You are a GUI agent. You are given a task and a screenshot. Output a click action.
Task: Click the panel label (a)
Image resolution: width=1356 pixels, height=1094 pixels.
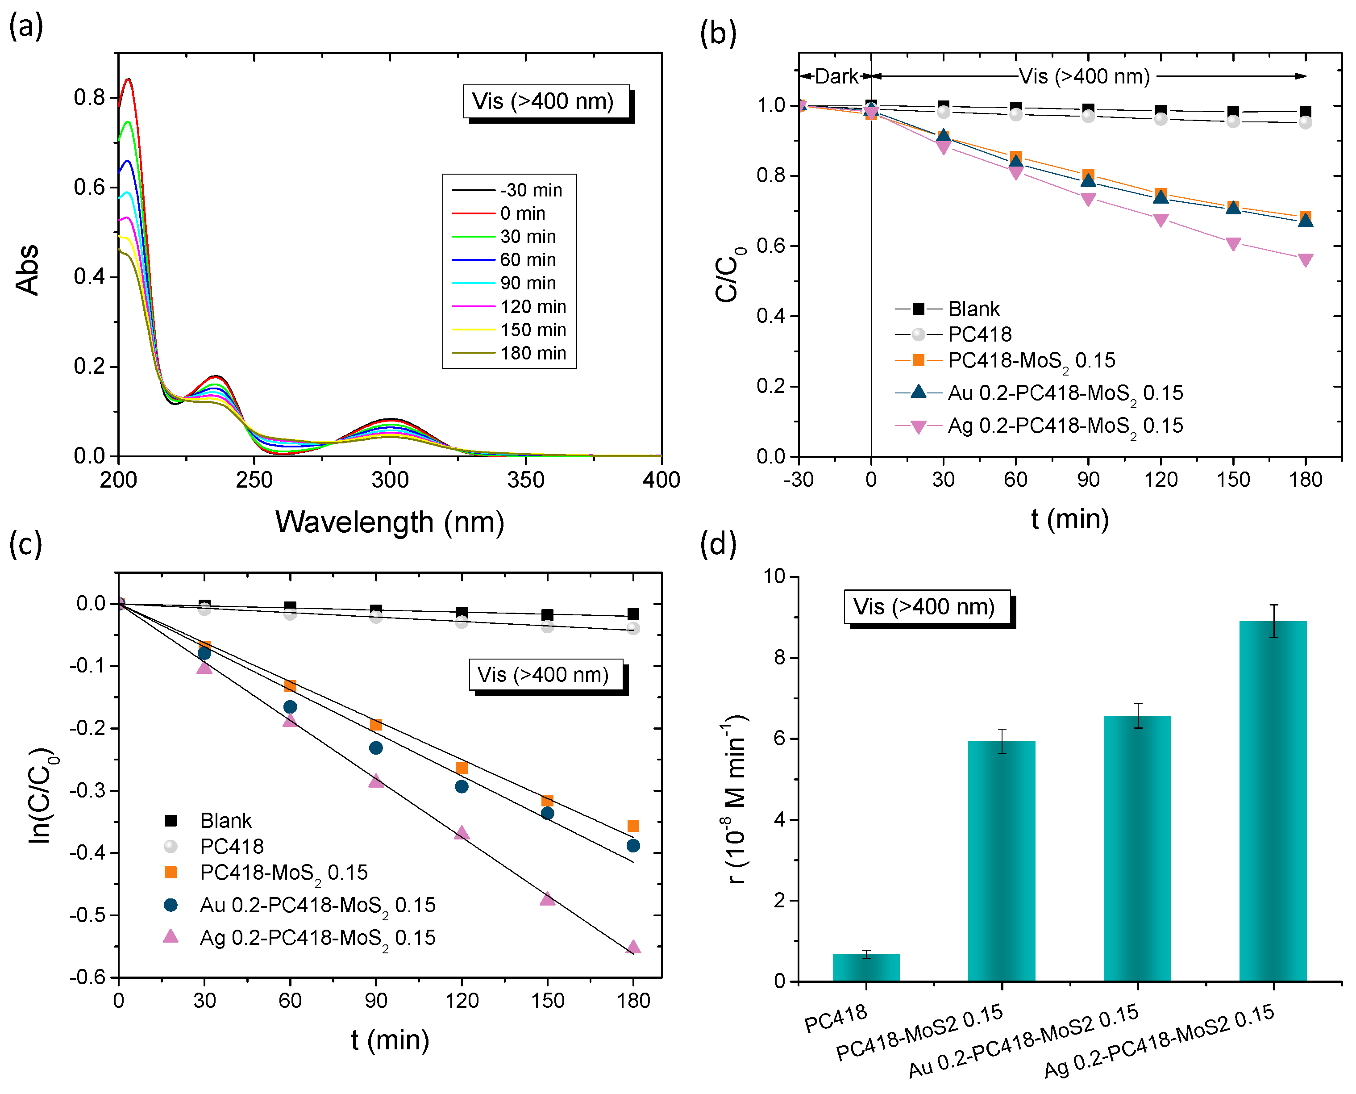26,26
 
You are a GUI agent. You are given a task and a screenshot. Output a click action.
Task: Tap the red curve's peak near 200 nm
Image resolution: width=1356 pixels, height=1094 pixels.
129,79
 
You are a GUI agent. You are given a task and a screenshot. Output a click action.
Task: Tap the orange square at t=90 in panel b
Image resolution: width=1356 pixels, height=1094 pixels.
1088,175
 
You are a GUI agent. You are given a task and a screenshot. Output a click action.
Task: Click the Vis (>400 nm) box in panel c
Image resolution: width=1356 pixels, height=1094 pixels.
545,675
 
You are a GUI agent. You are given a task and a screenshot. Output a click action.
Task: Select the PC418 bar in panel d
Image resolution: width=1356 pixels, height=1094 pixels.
865,967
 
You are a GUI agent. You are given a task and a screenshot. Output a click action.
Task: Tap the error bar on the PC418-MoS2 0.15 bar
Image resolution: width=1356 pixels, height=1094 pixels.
1002,741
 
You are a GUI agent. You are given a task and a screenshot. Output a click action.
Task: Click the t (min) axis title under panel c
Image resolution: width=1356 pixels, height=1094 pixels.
390,1040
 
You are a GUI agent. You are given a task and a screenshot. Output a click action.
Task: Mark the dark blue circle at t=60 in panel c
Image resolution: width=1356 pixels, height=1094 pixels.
290,707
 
